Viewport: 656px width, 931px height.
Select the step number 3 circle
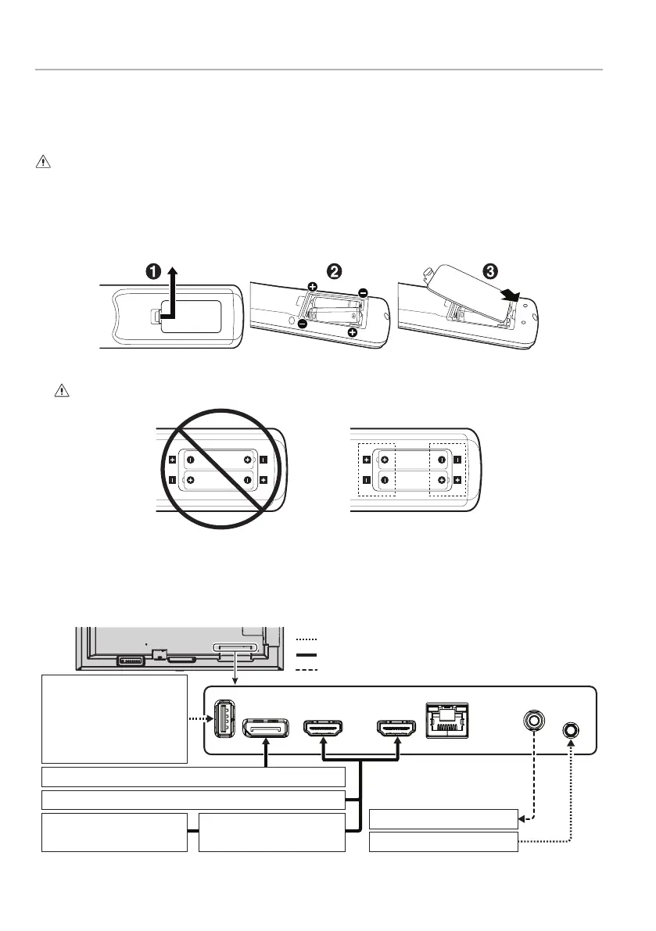(x=489, y=272)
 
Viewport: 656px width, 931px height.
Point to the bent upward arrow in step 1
(x=171, y=293)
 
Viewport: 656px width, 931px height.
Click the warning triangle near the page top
(x=41, y=162)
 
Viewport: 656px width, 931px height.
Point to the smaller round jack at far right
(x=572, y=730)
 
